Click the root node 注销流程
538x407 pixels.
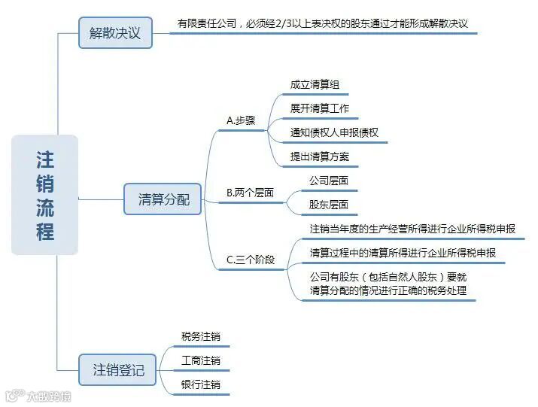coord(45,195)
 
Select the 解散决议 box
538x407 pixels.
coord(115,33)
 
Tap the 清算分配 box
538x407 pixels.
coord(163,199)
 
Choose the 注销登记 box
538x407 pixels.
coord(118,369)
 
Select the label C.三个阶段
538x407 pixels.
coord(251,260)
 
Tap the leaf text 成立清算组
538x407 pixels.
coord(315,85)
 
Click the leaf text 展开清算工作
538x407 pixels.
coord(320,109)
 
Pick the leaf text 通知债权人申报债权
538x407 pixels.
coord(334,133)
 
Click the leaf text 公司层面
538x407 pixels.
coord(329,181)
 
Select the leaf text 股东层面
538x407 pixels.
coord(329,205)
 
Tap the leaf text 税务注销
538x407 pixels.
coord(201,337)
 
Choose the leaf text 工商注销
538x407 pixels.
coord(201,361)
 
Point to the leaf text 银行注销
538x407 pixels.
coord(201,385)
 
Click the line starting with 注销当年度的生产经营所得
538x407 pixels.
coord(412,229)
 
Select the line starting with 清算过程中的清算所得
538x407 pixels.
coord(403,253)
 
